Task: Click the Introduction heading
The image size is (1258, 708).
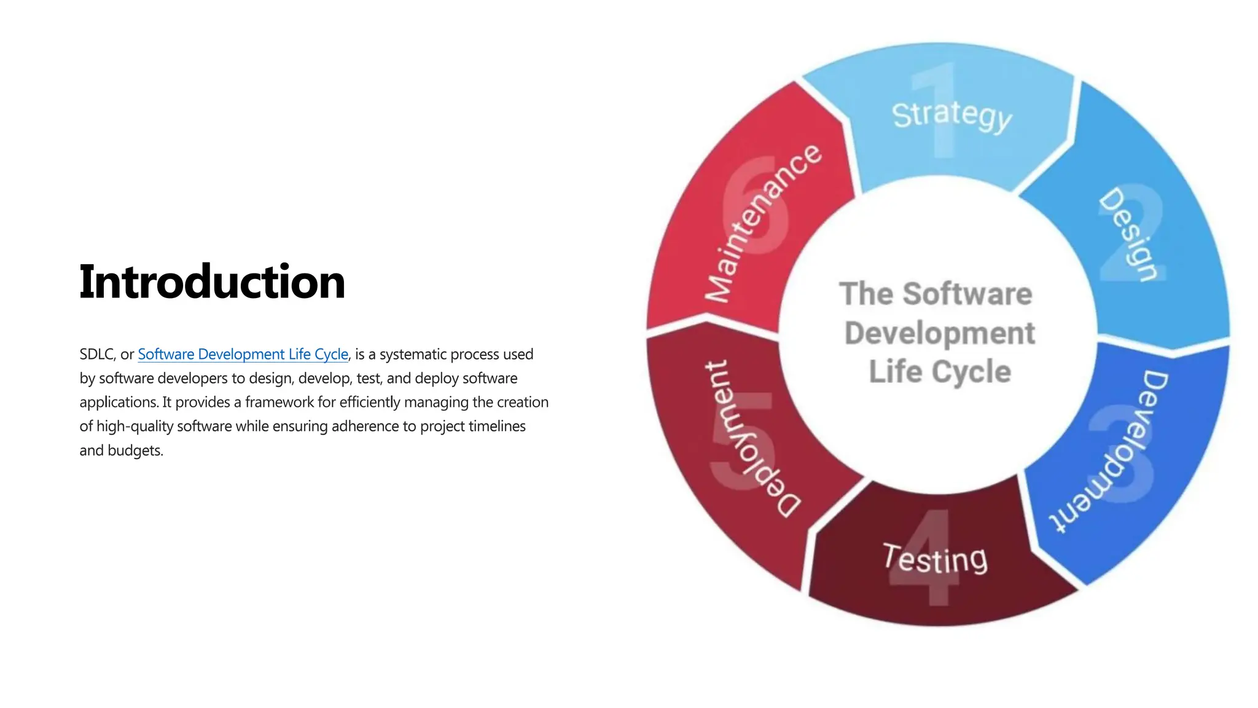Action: [212, 281]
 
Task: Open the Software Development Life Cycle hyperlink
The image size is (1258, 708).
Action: [243, 355]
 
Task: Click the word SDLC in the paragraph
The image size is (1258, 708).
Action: [96, 355]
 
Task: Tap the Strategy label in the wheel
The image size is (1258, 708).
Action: [951, 116]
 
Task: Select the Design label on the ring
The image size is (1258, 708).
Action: [1129, 234]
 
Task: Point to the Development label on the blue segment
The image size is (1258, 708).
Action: [1109, 452]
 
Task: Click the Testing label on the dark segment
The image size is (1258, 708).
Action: [935, 559]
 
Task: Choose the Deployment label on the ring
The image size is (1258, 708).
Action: [751, 438]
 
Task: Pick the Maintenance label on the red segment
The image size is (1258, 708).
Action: [762, 224]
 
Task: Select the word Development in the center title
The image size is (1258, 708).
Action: [939, 333]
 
